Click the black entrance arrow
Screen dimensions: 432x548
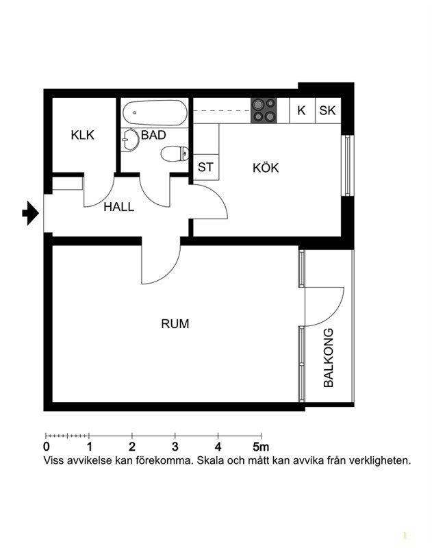click(30, 213)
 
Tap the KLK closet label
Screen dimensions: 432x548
click(82, 135)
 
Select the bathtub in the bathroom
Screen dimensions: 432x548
click(155, 112)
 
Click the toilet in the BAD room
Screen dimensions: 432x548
click(175, 153)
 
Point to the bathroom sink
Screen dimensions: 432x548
click(130, 140)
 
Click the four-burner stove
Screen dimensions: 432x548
click(264, 110)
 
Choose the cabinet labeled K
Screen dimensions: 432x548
click(302, 110)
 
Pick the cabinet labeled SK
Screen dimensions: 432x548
click(328, 110)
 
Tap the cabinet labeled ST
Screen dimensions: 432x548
click(205, 167)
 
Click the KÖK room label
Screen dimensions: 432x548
click(266, 168)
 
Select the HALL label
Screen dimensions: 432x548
click(118, 207)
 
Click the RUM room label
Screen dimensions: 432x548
click(175, 323)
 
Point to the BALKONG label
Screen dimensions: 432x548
click(328, 358)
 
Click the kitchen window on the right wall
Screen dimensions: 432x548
click(347, 165)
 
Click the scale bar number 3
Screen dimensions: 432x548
click(175, 447)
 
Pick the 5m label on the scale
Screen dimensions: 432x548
click(261, 447)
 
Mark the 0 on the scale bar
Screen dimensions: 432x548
click(46, 447)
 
